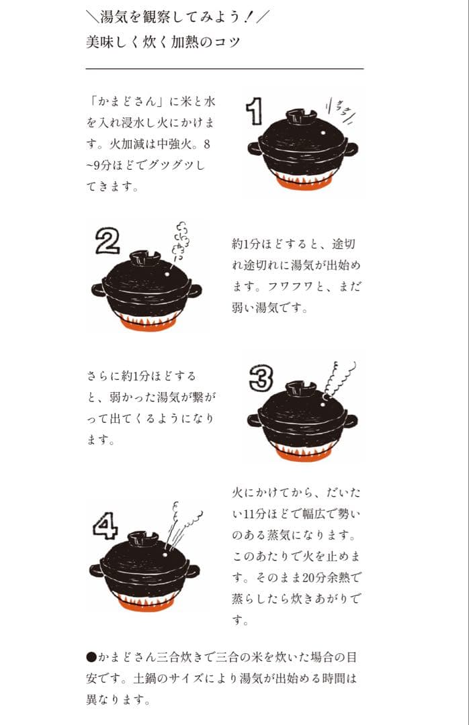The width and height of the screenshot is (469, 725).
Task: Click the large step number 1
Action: pyautogui.click(x=253, y=111)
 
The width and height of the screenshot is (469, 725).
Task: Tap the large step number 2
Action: pyautogui.click(x=107, y=241)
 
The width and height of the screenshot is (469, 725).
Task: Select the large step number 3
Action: pyautogui.click(x=259, y=378)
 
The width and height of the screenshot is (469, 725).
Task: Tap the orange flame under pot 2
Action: pyautogui.click(x=146, y=321)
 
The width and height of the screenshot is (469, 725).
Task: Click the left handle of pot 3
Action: pyautogui.click(x=254, y=420)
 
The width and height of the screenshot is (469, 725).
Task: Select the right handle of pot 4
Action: pyautogui.click(x=193, y=571)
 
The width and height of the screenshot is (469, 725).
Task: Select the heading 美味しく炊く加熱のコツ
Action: pyautogui.click(x=163, y=42)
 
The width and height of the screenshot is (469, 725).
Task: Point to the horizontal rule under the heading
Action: pyautogui.click(x=224, y=68)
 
